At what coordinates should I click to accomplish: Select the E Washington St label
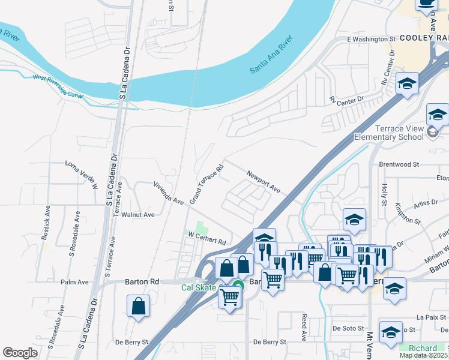372,39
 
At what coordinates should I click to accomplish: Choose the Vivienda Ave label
168,193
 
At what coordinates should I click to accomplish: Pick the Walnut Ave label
138,214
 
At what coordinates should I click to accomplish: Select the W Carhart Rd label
207,238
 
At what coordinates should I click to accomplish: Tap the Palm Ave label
74,282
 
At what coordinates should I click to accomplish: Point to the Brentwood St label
399,164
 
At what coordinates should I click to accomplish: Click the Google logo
20,353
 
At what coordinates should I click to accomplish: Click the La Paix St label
431,316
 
